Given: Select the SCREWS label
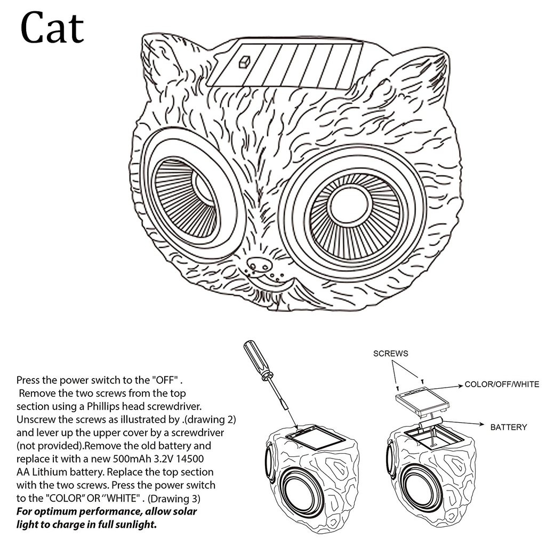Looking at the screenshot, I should coord(390,354).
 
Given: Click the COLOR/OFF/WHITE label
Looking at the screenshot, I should coord(502,384).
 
